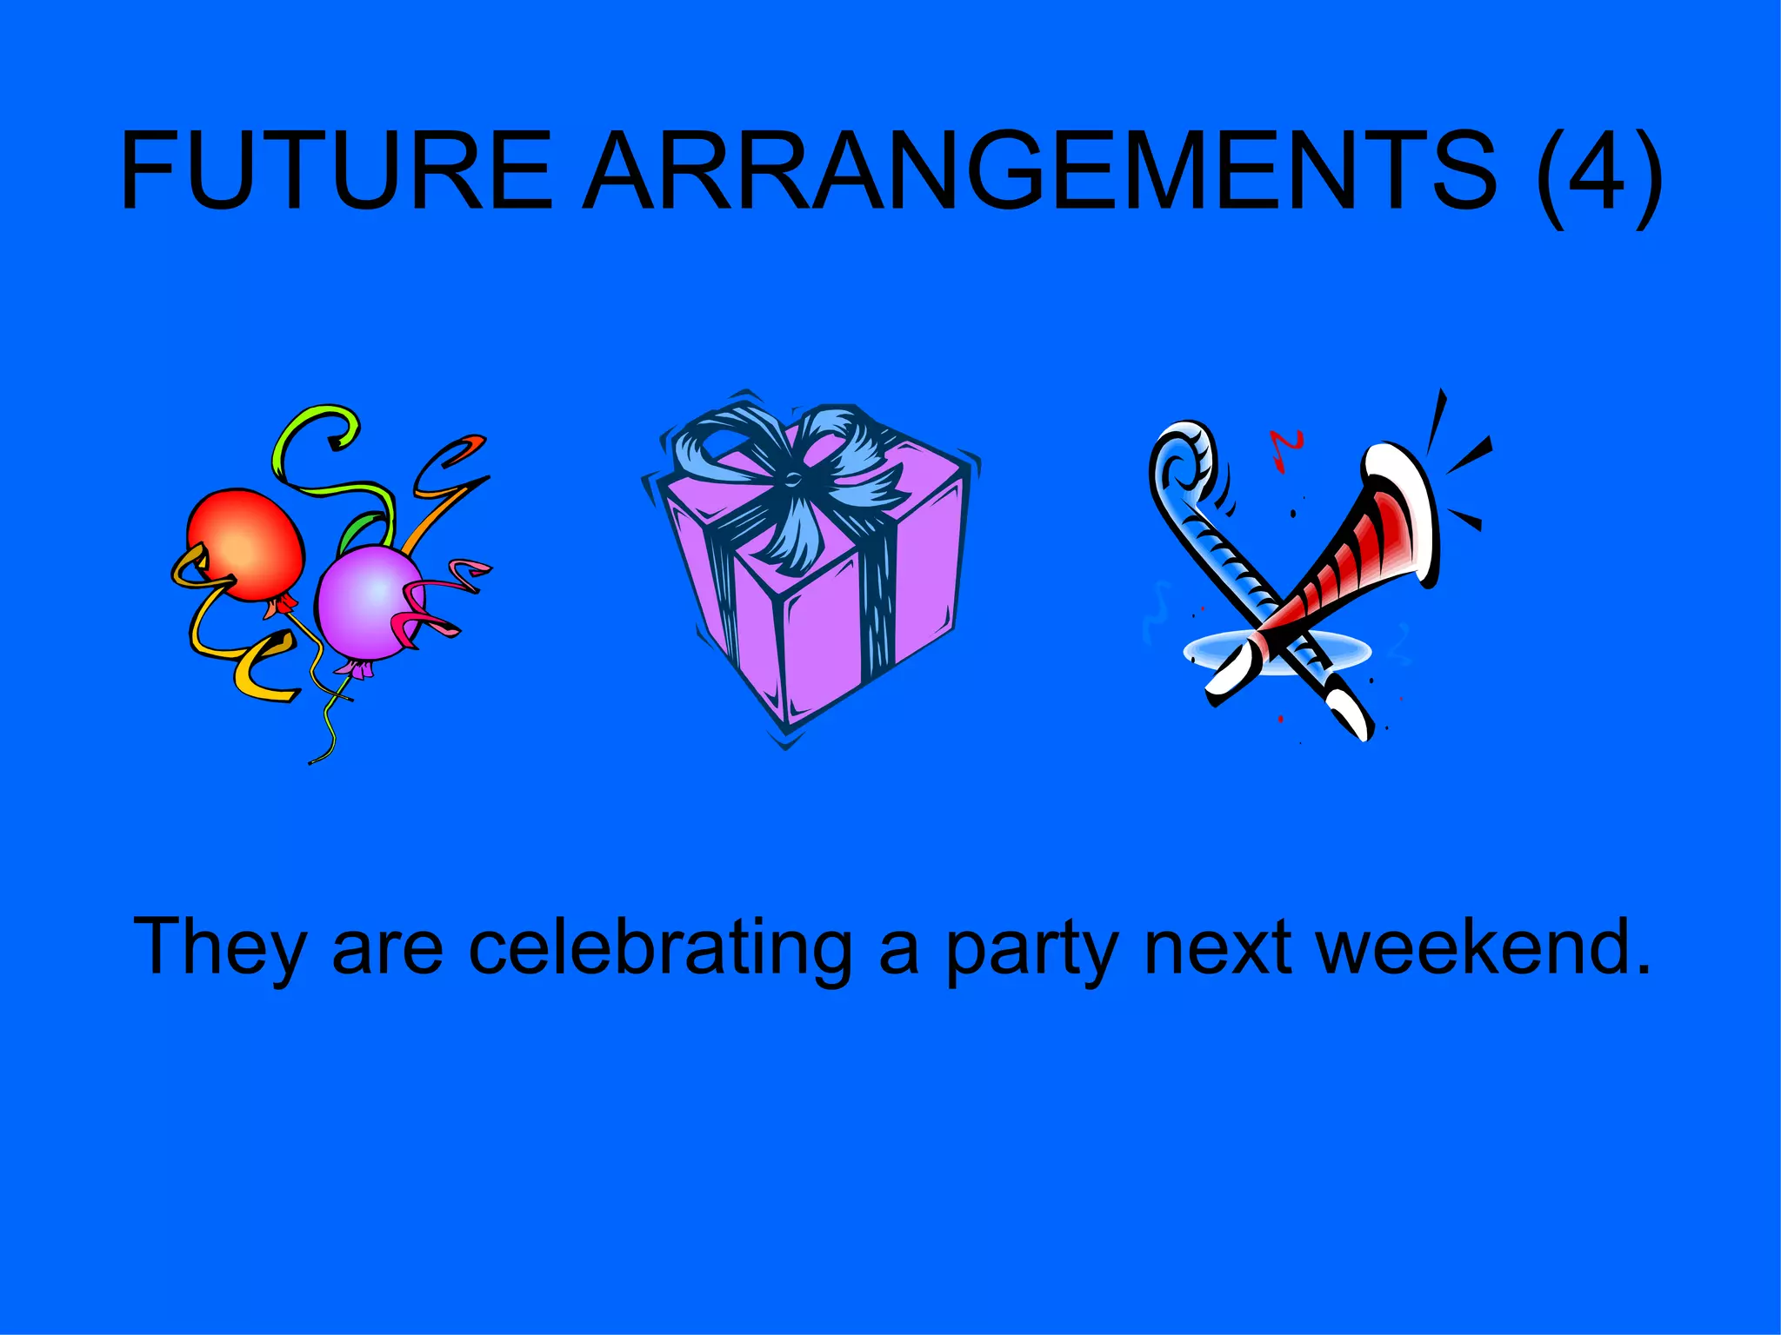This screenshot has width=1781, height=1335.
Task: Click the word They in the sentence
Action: point(219,947)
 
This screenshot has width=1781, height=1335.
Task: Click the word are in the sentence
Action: point(388,949)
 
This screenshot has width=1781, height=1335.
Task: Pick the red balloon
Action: point(247,544)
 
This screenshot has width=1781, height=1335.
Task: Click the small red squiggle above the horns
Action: point(1284,448)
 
